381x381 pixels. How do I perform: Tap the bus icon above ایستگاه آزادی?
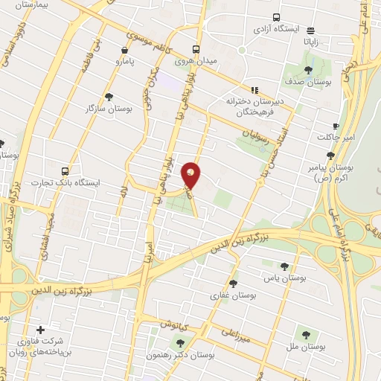(x=277, y=17)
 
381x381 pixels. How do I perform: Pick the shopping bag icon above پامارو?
(x=124, y=51)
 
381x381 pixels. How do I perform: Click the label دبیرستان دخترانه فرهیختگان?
(x=252, y=106)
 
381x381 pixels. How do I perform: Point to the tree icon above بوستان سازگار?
(x=109, y=97)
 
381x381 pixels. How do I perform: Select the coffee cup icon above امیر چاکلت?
(x=335, y=126)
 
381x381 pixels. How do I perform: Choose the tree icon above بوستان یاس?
(x=284, y=265)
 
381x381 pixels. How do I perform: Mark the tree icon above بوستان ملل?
(x=304, y=335)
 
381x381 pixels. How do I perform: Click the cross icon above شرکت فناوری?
(x=40, y=329)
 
